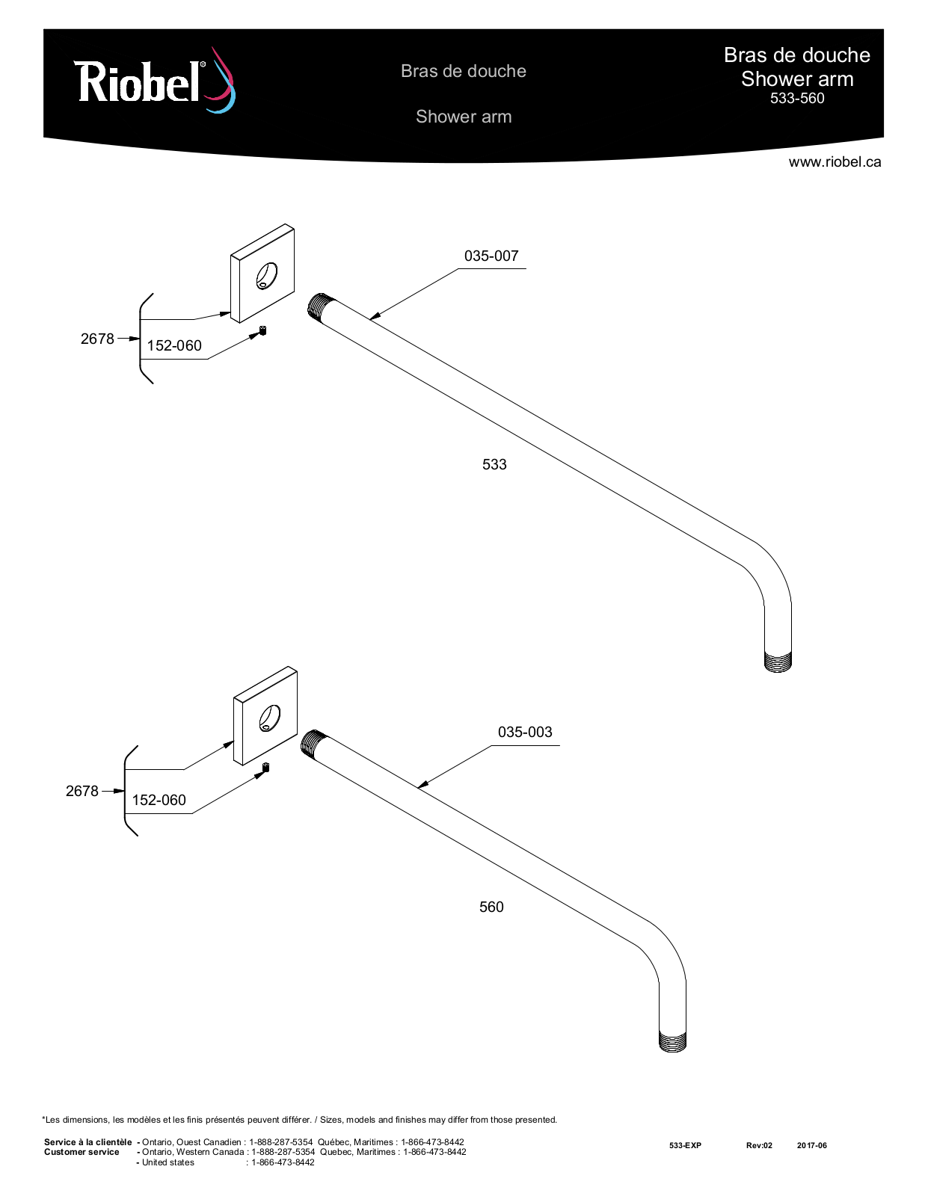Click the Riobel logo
(155, 81)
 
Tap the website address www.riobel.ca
(835, 161)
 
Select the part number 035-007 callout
(491, 256)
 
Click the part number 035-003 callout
(525, 732)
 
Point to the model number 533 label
(494, 464)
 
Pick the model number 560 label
(491, 907)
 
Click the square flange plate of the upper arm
(262, 274)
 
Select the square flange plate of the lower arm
(266, 716)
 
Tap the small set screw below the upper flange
(262, 330)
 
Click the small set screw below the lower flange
(265, 767)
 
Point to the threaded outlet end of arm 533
(778, 661)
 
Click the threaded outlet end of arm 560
(673, 1041)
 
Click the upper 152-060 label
(174, 345)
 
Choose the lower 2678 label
(82, 792)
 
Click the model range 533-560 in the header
(796, 99)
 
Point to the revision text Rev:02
(759, 1145)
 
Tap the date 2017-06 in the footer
(811, 1145)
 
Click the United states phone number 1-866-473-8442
(283, 1162)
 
